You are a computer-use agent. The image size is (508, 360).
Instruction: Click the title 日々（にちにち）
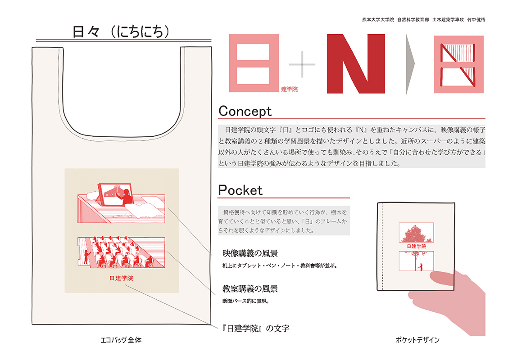click(121, 32)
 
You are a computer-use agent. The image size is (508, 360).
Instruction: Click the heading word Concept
click(245, 111)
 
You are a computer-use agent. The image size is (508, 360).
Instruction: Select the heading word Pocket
click(240, 190)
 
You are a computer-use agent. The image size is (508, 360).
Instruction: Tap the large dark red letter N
click(356, 63)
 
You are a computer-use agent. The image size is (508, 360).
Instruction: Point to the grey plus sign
click(302, 64)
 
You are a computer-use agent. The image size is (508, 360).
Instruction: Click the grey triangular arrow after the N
click(410, 64)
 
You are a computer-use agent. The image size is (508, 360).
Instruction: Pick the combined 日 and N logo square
click(459, 64)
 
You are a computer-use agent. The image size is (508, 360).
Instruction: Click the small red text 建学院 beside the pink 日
click(289, 89)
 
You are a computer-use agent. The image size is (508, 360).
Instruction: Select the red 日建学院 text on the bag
click(121, 278)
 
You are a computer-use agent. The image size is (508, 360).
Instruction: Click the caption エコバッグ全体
click(121, 340)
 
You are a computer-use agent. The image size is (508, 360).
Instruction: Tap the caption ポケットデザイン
click(417, 340)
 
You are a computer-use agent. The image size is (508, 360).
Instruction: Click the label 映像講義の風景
click(250, 253)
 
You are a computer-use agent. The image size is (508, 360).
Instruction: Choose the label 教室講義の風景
click(250, 288)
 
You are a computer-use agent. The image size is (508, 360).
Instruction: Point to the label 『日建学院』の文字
click(255, 328)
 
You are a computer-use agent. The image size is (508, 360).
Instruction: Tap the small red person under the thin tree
click(420, 267)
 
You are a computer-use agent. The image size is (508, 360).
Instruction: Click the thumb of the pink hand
click(442, 279)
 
